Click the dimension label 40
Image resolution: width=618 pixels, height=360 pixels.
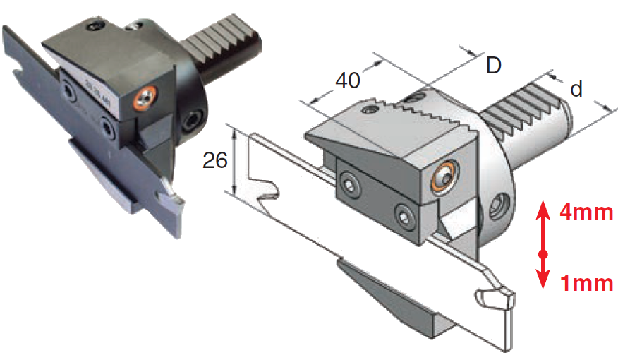coord(347,80)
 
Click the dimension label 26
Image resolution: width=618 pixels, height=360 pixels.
coord(214,160)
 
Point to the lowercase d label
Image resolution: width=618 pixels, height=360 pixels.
coord(576,90)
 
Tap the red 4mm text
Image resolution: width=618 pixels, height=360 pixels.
coord(586,212)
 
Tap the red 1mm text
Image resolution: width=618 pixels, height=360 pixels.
coord(586,284)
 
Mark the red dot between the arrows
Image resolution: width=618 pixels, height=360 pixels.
coord(543,253)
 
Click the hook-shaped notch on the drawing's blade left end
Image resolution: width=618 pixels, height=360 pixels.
coord(266,194)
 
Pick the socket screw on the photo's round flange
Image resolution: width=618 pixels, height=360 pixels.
coord(190,122)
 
